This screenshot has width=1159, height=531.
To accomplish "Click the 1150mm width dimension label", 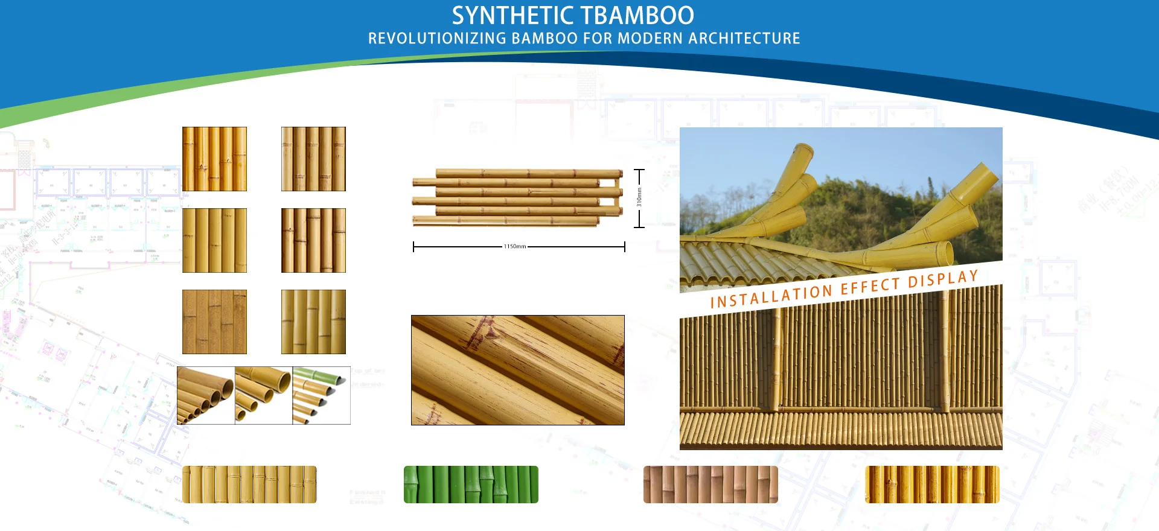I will [x=515, y=247].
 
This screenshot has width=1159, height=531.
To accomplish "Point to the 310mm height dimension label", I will [x=639, y=197].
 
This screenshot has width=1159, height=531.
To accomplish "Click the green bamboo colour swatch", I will [x=471, y=485].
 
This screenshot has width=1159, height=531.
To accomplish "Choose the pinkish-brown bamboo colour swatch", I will [x=710, y=485].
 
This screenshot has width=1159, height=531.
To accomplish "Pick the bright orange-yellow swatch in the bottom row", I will [x=932, y=485].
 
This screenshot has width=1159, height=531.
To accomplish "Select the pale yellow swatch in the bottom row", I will [x=249, y=485].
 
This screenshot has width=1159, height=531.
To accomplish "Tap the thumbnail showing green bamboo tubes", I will [x=321, y=395].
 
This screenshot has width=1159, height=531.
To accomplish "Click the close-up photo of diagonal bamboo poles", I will [x=517, y=370].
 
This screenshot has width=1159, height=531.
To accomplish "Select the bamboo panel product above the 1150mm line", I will [x=517, y=197].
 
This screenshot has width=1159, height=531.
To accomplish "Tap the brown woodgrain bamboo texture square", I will [x=214, y=322].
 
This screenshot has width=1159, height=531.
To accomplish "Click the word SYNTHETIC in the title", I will [x=512, y=15].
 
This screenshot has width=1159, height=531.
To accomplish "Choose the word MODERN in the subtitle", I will [x=650, y=39].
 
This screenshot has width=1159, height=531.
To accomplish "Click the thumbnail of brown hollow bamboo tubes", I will [x=205, y=395].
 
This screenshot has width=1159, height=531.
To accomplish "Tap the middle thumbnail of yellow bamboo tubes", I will [x=263, y=395].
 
